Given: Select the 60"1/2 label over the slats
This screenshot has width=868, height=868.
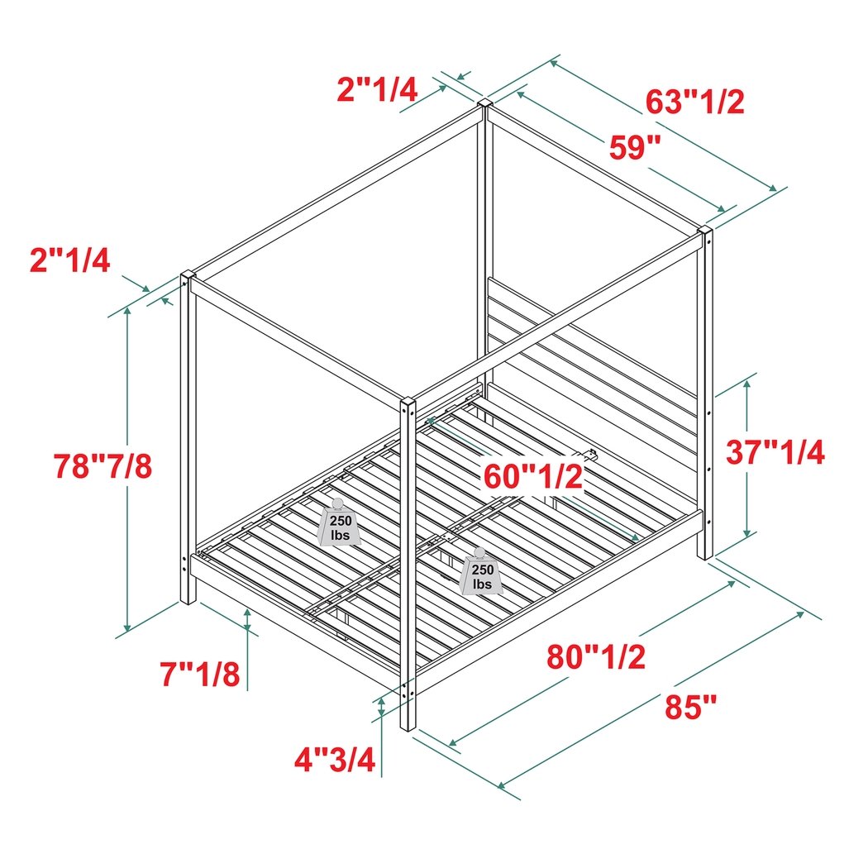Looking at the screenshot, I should (533, 475).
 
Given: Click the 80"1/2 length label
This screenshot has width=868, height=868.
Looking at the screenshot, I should (595, 657).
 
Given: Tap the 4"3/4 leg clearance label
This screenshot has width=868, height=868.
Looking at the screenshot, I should (336, 758).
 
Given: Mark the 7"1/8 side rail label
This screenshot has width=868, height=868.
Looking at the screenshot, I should (201, 675).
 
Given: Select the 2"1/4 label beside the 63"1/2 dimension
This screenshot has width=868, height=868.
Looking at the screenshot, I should (377, 88).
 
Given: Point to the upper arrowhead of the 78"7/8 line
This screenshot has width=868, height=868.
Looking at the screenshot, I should (127, 311).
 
